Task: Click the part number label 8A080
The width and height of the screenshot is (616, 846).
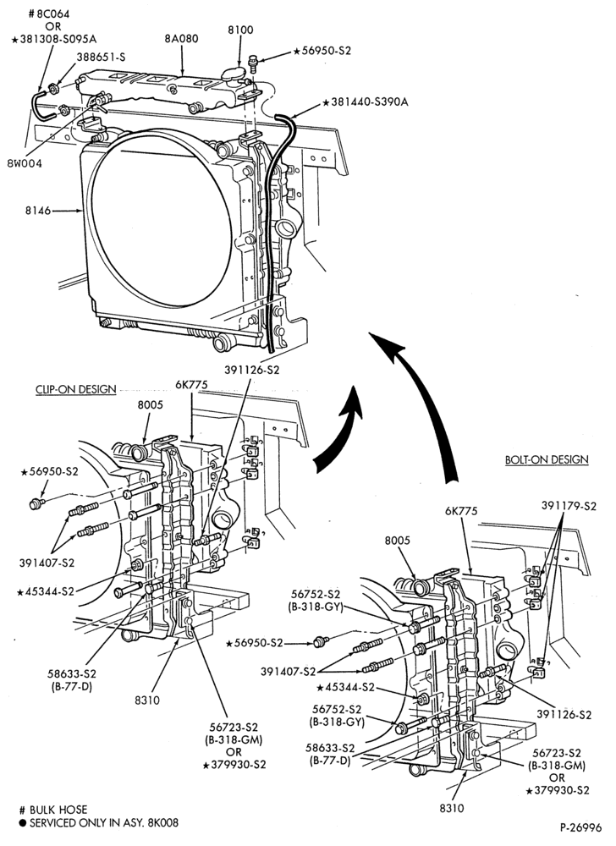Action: click(181, 38)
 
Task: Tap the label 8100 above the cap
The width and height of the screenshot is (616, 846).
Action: click(240, 30)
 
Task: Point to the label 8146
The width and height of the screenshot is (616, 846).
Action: click(38, 211)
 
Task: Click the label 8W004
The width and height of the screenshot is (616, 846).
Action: click(25, 163)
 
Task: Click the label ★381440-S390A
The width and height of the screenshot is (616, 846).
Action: click(366, 102)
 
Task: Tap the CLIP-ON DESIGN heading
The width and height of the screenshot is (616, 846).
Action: click(75, 389)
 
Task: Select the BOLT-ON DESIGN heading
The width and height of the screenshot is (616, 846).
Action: click(547, 459)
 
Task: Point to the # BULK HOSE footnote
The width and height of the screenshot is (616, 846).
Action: click(52, 810)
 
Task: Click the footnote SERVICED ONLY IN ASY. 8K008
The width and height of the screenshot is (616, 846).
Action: click(98, 823)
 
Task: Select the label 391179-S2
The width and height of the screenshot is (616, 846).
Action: click(569, 506)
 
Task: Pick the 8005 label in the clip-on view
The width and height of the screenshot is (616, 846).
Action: click(150, 404)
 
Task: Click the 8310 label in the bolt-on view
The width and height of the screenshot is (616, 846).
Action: click(452, 808)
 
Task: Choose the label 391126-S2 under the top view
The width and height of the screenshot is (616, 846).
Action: click(252, 371)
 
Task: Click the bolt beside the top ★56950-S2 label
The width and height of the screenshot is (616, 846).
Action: click(253, 61)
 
